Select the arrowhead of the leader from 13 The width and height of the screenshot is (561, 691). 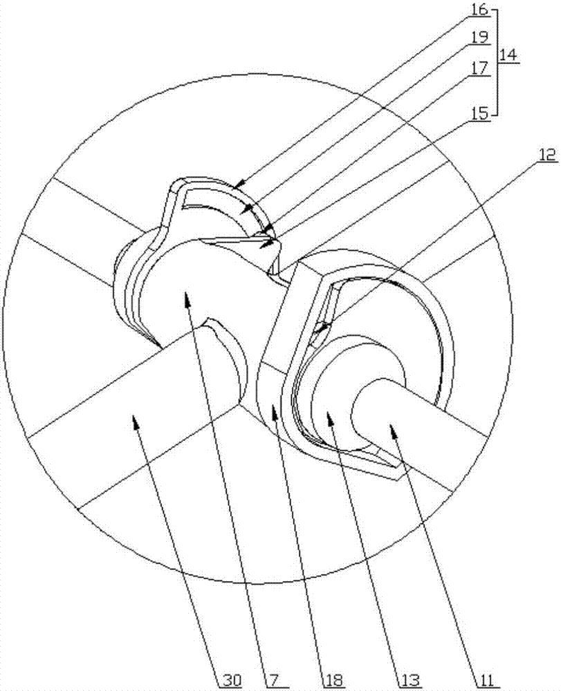click(x=327, y=413)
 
